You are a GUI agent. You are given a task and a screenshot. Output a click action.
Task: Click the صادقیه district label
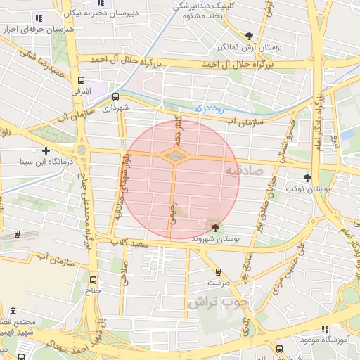pos(245,171)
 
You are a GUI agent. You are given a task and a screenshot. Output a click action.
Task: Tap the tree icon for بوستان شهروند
pos(215,226)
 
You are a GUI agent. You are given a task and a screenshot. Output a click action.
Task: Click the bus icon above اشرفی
pos(82,80)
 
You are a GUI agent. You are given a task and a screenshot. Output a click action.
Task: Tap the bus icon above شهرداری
pos(115,97)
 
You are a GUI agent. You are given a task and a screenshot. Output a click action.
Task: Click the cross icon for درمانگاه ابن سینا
pos(46,150)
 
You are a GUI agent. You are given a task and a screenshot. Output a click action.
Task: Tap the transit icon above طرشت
pos(217,271)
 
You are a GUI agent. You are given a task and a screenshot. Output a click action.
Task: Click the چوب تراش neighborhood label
pos(219,302)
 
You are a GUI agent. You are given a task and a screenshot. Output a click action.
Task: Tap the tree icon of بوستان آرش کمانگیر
pos(249,36)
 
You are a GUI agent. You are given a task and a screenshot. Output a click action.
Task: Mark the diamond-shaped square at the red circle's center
pos(175,155)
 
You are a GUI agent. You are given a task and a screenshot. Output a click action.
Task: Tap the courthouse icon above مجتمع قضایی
pos(13,309)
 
